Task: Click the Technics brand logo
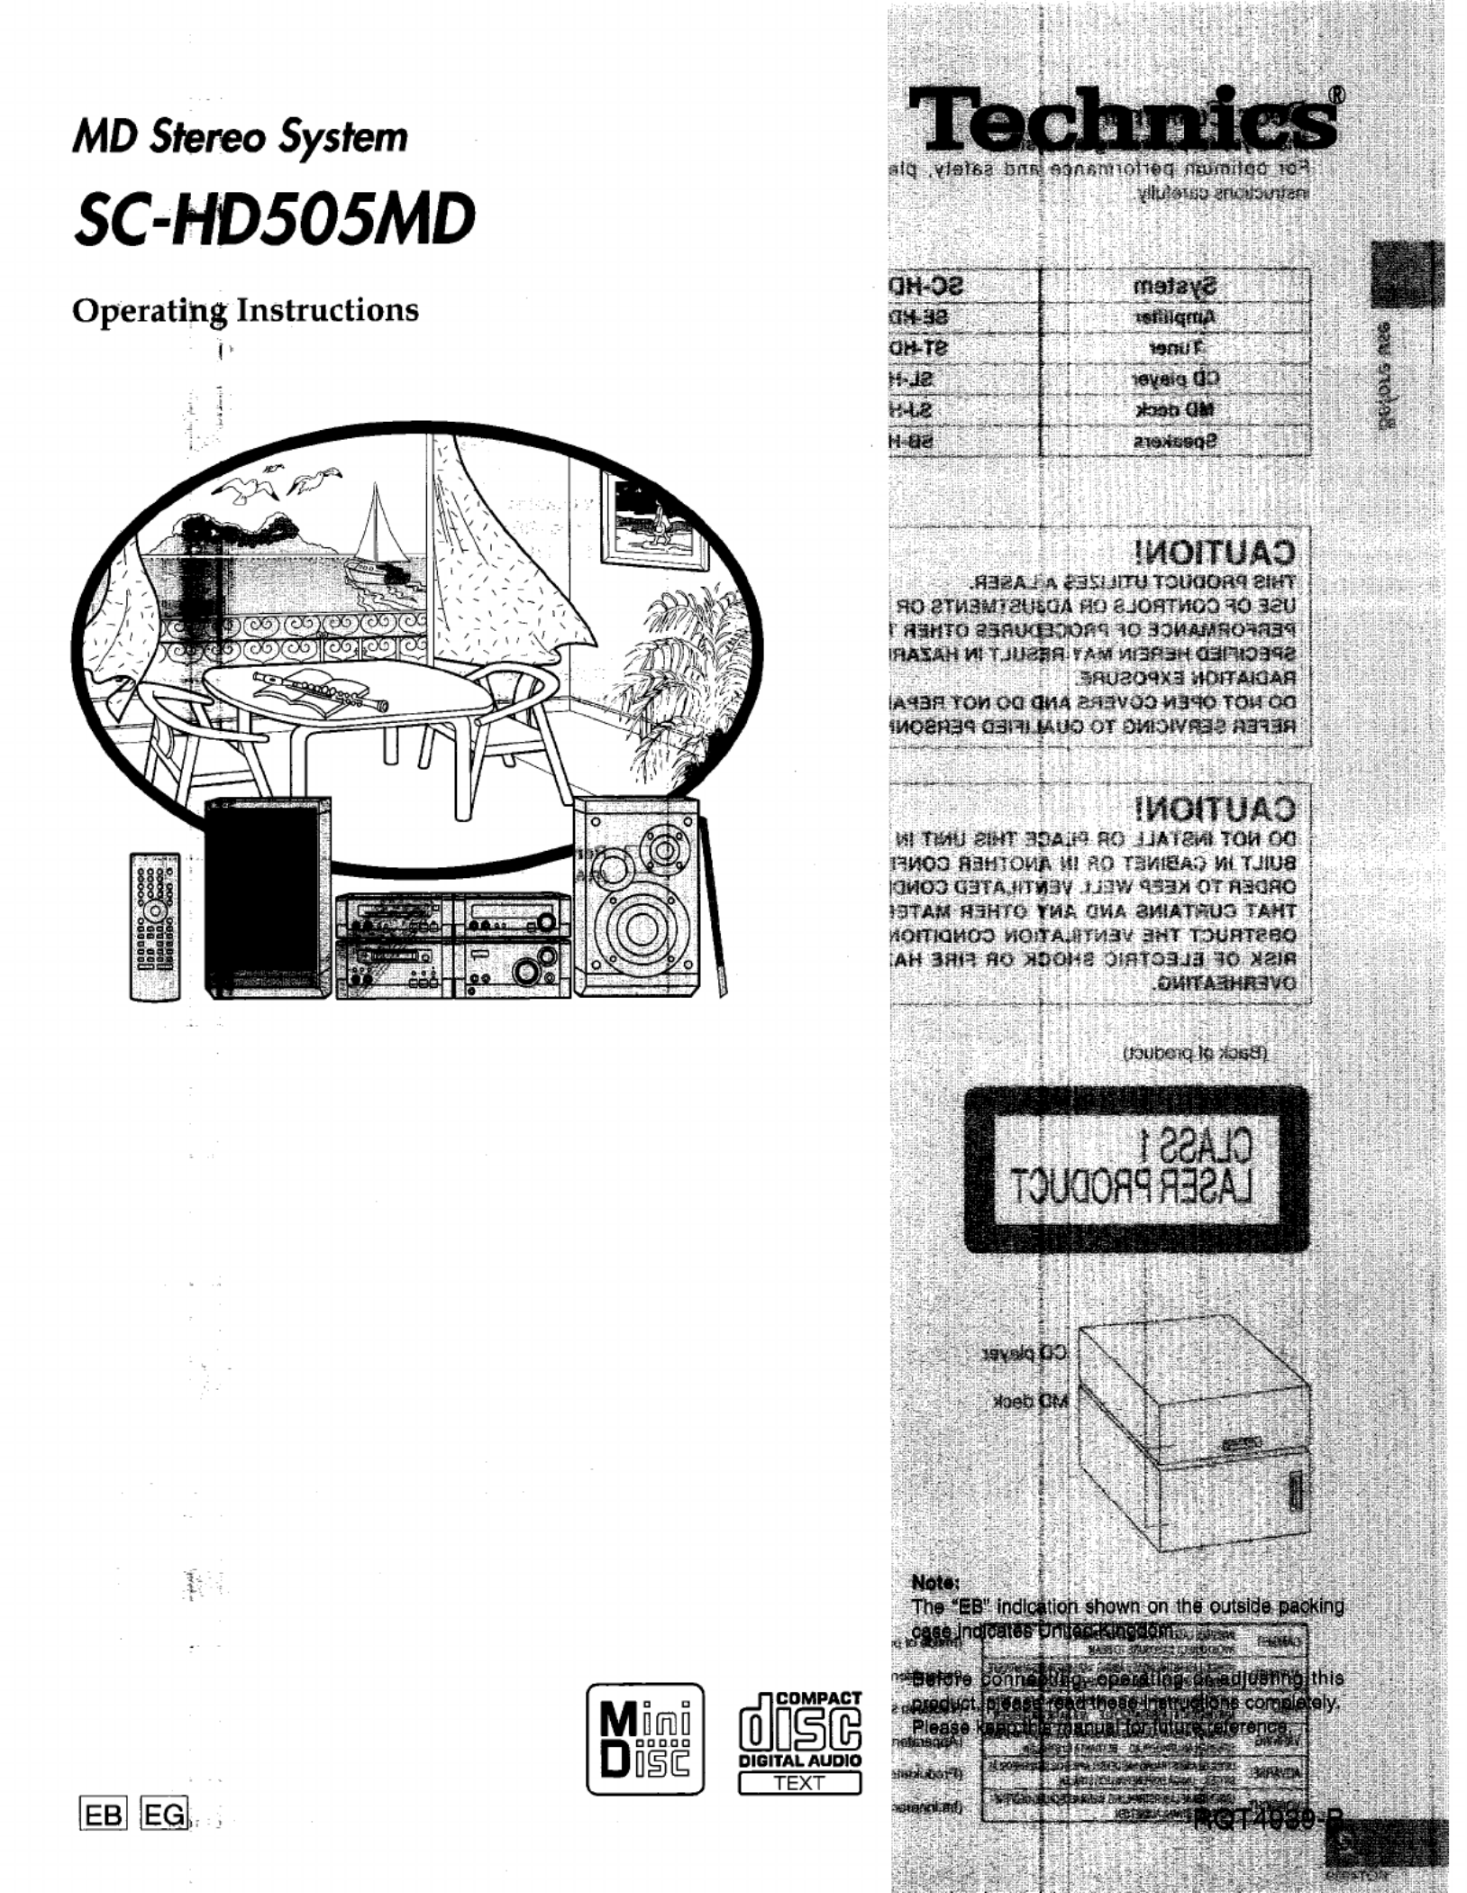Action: [1122, 120]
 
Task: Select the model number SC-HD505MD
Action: [275, 220]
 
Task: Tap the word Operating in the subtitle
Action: [150, 311]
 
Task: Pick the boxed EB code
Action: [104, 1813]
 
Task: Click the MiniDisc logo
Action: [644, 1739]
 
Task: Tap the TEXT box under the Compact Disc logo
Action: [799, 1782]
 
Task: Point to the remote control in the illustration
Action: [155, 926]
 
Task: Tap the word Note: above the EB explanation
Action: [935, 1582]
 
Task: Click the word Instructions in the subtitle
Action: [328, 311]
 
